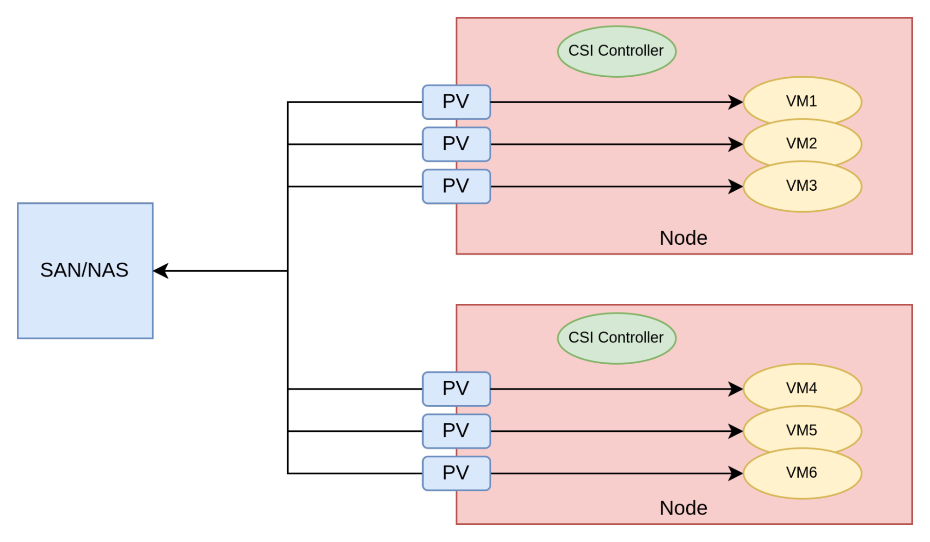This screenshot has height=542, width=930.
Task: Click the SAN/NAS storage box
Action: click(85, 271)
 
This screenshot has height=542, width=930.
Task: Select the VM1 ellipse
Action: click(802, 101)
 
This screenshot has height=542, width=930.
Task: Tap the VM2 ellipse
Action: click(802, 144)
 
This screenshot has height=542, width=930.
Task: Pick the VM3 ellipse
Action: click(802, 186)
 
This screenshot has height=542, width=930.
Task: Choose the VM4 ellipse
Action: click(802, 388)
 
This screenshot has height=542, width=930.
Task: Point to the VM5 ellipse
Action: click(802, 431)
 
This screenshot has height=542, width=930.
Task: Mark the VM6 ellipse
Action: click(802, 473)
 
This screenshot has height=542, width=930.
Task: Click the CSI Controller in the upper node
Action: click(616, 51)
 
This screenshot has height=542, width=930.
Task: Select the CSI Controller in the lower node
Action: click(616, 338)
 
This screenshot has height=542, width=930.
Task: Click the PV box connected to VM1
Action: click(456, 102)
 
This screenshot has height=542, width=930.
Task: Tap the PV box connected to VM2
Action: click(456, 144)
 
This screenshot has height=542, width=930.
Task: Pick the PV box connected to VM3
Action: click(456, 187)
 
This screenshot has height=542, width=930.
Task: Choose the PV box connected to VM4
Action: click(456, 389)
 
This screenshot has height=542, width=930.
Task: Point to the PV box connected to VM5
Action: click(456, 431)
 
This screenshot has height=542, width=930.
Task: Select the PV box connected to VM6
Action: click(456, 474)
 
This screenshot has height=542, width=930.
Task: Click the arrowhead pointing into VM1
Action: click(736, 102)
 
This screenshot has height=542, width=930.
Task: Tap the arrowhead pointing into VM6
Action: click(736, 474)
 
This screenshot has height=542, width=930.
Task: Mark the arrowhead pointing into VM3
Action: click(736, 187)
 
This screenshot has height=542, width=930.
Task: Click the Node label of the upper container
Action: click(683, 238)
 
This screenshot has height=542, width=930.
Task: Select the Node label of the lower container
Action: click(683, 508)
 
